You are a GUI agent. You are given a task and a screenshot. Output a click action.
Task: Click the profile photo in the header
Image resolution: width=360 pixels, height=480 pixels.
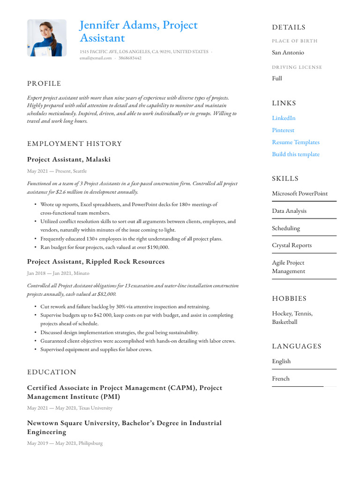point(47,38)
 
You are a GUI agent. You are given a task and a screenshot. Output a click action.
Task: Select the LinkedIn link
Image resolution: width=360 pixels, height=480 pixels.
point(284,118)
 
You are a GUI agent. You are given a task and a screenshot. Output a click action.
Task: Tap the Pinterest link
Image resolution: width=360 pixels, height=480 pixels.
point(283,130)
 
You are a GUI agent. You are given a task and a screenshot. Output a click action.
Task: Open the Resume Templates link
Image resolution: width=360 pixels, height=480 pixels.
point(295,142)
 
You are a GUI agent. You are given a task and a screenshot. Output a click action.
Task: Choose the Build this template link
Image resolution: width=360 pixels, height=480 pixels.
point(295,154)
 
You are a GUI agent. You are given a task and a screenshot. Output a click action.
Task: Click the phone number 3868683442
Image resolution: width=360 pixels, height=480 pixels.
point(130,58)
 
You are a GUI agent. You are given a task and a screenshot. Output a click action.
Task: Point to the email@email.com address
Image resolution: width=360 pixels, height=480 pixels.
point(96,58)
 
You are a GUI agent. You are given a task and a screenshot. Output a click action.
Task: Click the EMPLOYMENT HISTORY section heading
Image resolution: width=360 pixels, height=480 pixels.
point(74,143)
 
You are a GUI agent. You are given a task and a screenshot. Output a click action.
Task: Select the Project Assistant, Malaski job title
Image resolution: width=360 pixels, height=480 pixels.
point(69,159)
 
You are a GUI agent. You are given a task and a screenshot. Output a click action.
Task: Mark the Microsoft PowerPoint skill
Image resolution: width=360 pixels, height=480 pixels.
point(300,194)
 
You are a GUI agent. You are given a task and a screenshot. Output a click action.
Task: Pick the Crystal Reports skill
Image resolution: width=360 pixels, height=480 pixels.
point(292,245)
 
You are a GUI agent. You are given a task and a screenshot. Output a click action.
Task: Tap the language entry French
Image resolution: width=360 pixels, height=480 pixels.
point(281,379)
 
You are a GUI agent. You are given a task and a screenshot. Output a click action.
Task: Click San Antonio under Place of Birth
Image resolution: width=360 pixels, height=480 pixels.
point(288,52)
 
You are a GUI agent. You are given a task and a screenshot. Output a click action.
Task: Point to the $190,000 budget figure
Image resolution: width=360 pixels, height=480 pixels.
point(158,247)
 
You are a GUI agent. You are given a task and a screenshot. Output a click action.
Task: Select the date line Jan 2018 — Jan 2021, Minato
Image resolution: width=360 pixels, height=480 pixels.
point(58,273)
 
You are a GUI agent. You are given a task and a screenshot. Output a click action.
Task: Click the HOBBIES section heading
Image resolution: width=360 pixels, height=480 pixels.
point(289,299)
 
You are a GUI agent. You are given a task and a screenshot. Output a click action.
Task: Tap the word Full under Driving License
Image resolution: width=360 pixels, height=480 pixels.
point(277,78)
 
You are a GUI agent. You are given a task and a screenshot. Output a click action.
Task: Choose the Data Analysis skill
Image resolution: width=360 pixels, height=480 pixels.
point(289,211)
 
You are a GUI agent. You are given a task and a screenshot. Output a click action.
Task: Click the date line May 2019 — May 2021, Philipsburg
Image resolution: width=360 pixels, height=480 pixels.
point(65,443)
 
